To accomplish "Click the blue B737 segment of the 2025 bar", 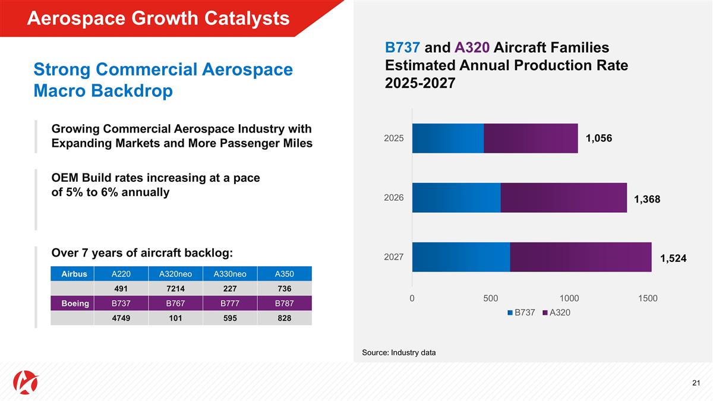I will (x=447, y=138).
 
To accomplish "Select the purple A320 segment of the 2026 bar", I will (x=563, y=197).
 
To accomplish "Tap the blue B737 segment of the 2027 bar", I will (x=460, y=257).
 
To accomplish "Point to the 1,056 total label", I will (x=598, y=138).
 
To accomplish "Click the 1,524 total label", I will (x=673, y=258).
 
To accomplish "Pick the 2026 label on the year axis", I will (x=393, y=197).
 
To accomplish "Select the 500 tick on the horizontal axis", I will (x=490, y=298).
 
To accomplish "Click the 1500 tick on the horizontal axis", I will (x=648, y=298).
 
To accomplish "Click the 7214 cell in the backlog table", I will (x=175, y=289).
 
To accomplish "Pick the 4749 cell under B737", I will (x=121, y=318).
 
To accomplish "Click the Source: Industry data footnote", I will (x=399, y=352).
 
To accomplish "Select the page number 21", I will (x=696, y=382).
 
